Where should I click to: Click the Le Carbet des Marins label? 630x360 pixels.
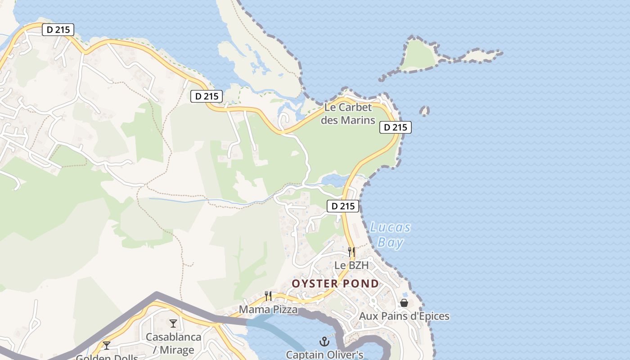click(348, 114)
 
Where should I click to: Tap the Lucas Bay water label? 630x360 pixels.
click(390, 235)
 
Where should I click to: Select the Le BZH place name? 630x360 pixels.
click(351, 265)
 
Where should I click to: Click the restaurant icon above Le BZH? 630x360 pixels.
click(351, 251)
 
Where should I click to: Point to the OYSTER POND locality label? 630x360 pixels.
click(335, 283)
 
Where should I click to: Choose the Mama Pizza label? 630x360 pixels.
click(268, 310)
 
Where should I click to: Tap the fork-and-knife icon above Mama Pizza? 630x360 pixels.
click(268, 296)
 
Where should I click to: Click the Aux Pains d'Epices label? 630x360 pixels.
click(404, 316)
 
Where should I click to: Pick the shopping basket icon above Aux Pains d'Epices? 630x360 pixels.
click(404, 303)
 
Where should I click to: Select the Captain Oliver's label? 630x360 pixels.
click(324, 355)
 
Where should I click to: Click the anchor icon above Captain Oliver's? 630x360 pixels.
click(324, 342)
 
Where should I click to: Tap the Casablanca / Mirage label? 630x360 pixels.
click(173, 343)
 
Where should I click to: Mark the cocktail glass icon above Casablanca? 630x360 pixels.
click(173, 323)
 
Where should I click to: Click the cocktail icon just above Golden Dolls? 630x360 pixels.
click(107, 346)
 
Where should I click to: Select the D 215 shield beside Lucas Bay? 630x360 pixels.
click(343, 207)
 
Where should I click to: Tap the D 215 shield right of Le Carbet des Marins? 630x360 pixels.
click(396, 127)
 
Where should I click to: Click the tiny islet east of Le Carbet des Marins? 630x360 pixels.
click(424, 110)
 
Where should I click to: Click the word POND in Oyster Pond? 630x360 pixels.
click(360, 283)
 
